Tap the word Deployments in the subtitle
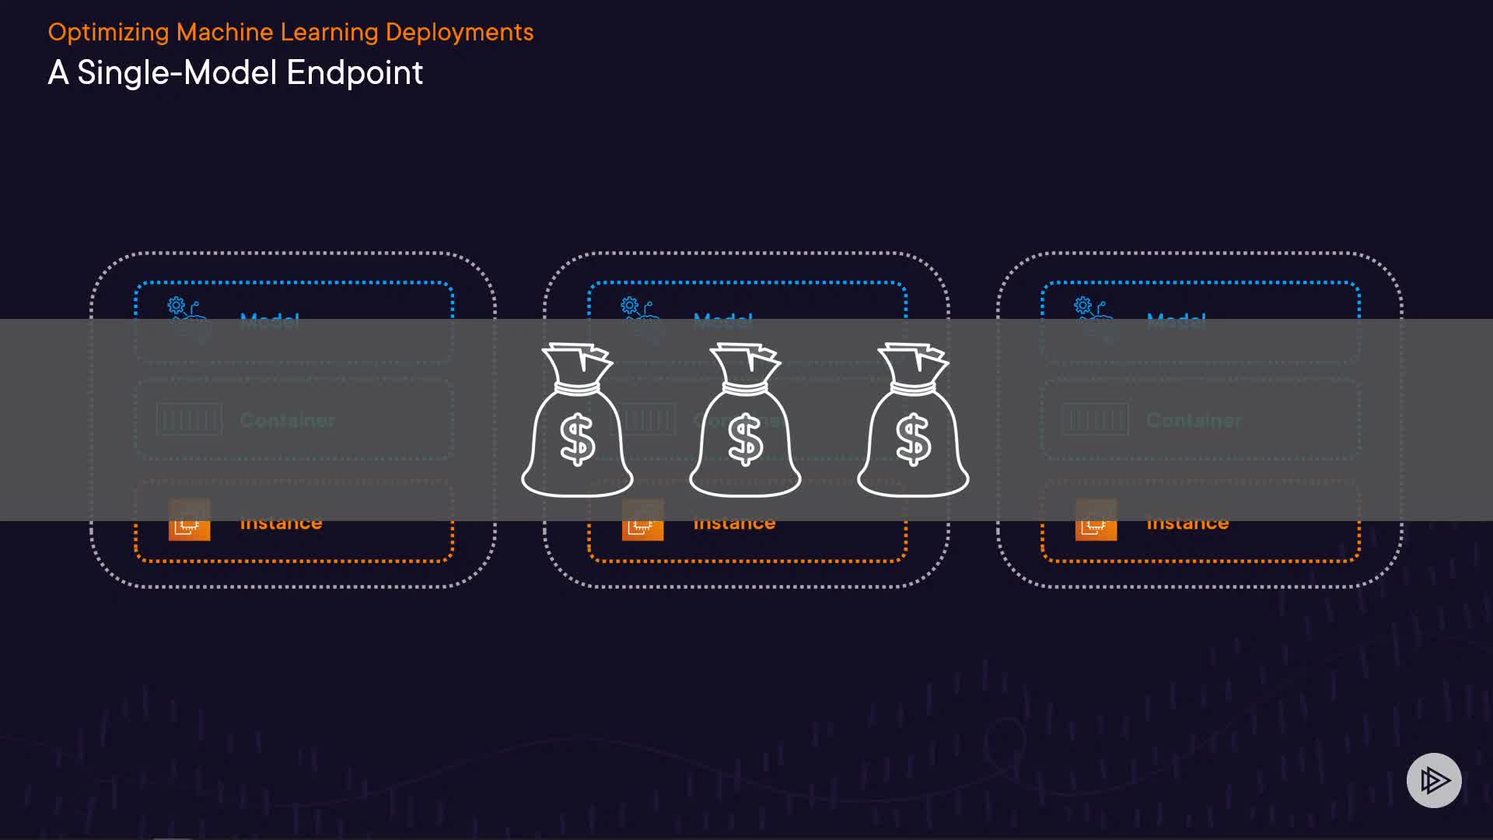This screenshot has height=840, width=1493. (x=460, y=33)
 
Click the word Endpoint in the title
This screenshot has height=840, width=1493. (x=355, y=73)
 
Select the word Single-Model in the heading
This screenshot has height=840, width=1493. (x=177, y=73)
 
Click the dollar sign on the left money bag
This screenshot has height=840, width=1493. (x=577, y=439)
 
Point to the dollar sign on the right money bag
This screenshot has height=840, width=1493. (x=913, y=439)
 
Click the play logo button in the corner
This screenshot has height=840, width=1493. (x=1434, y=780)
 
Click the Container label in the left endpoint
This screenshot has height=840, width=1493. (x=287, y=420)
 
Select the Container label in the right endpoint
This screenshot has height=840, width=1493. (x=1194, y=420)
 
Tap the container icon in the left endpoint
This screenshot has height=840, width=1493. (x=189, y=420)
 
